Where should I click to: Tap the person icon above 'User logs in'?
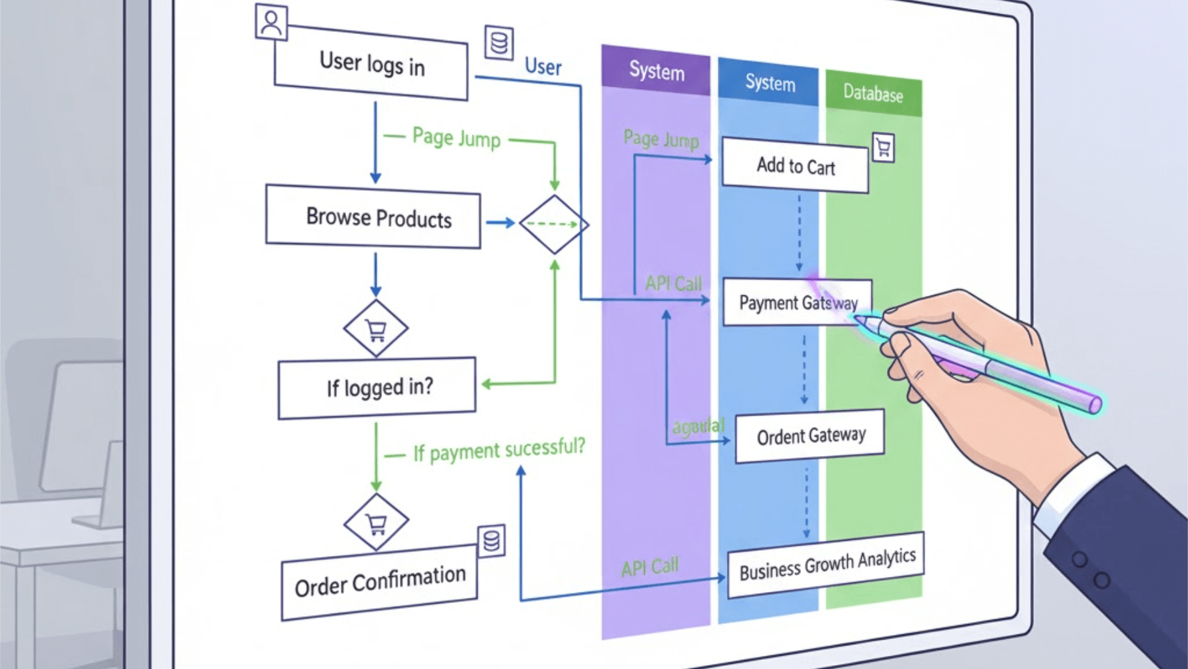[271, 23]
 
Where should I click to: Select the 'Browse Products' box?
[373, 217]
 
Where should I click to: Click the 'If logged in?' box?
[377, 388]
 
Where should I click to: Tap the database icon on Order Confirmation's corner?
[492, 541]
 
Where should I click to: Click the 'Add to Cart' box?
[795, 166]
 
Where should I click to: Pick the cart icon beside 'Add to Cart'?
[883, 148]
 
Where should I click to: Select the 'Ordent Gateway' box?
[810, 436]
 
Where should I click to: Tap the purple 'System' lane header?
[656, 71]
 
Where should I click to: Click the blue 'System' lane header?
[769, 83]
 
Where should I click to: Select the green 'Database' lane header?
[873, 93]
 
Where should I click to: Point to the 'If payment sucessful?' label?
[499, 449]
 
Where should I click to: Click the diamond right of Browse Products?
[554, 224]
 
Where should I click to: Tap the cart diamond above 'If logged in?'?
[376, 329]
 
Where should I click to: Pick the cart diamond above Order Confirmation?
[377, 522]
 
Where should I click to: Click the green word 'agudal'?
[698, 427]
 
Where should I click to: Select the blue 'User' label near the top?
[543, 67]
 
